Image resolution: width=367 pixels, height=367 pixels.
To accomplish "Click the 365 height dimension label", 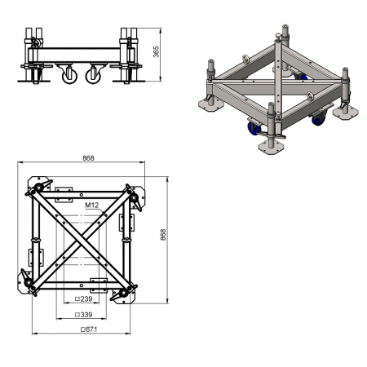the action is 157,51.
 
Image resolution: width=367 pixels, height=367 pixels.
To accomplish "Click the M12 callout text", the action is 91,206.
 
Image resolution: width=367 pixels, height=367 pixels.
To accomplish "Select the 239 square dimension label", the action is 84,299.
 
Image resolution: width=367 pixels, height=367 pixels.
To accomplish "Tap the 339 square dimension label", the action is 84,315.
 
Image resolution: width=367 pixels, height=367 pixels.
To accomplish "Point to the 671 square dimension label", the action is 89,329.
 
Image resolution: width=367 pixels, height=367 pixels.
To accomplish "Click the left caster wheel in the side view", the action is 69,76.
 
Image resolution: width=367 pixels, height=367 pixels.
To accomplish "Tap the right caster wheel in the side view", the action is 93,76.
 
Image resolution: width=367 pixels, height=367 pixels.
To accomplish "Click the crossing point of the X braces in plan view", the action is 82,240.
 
